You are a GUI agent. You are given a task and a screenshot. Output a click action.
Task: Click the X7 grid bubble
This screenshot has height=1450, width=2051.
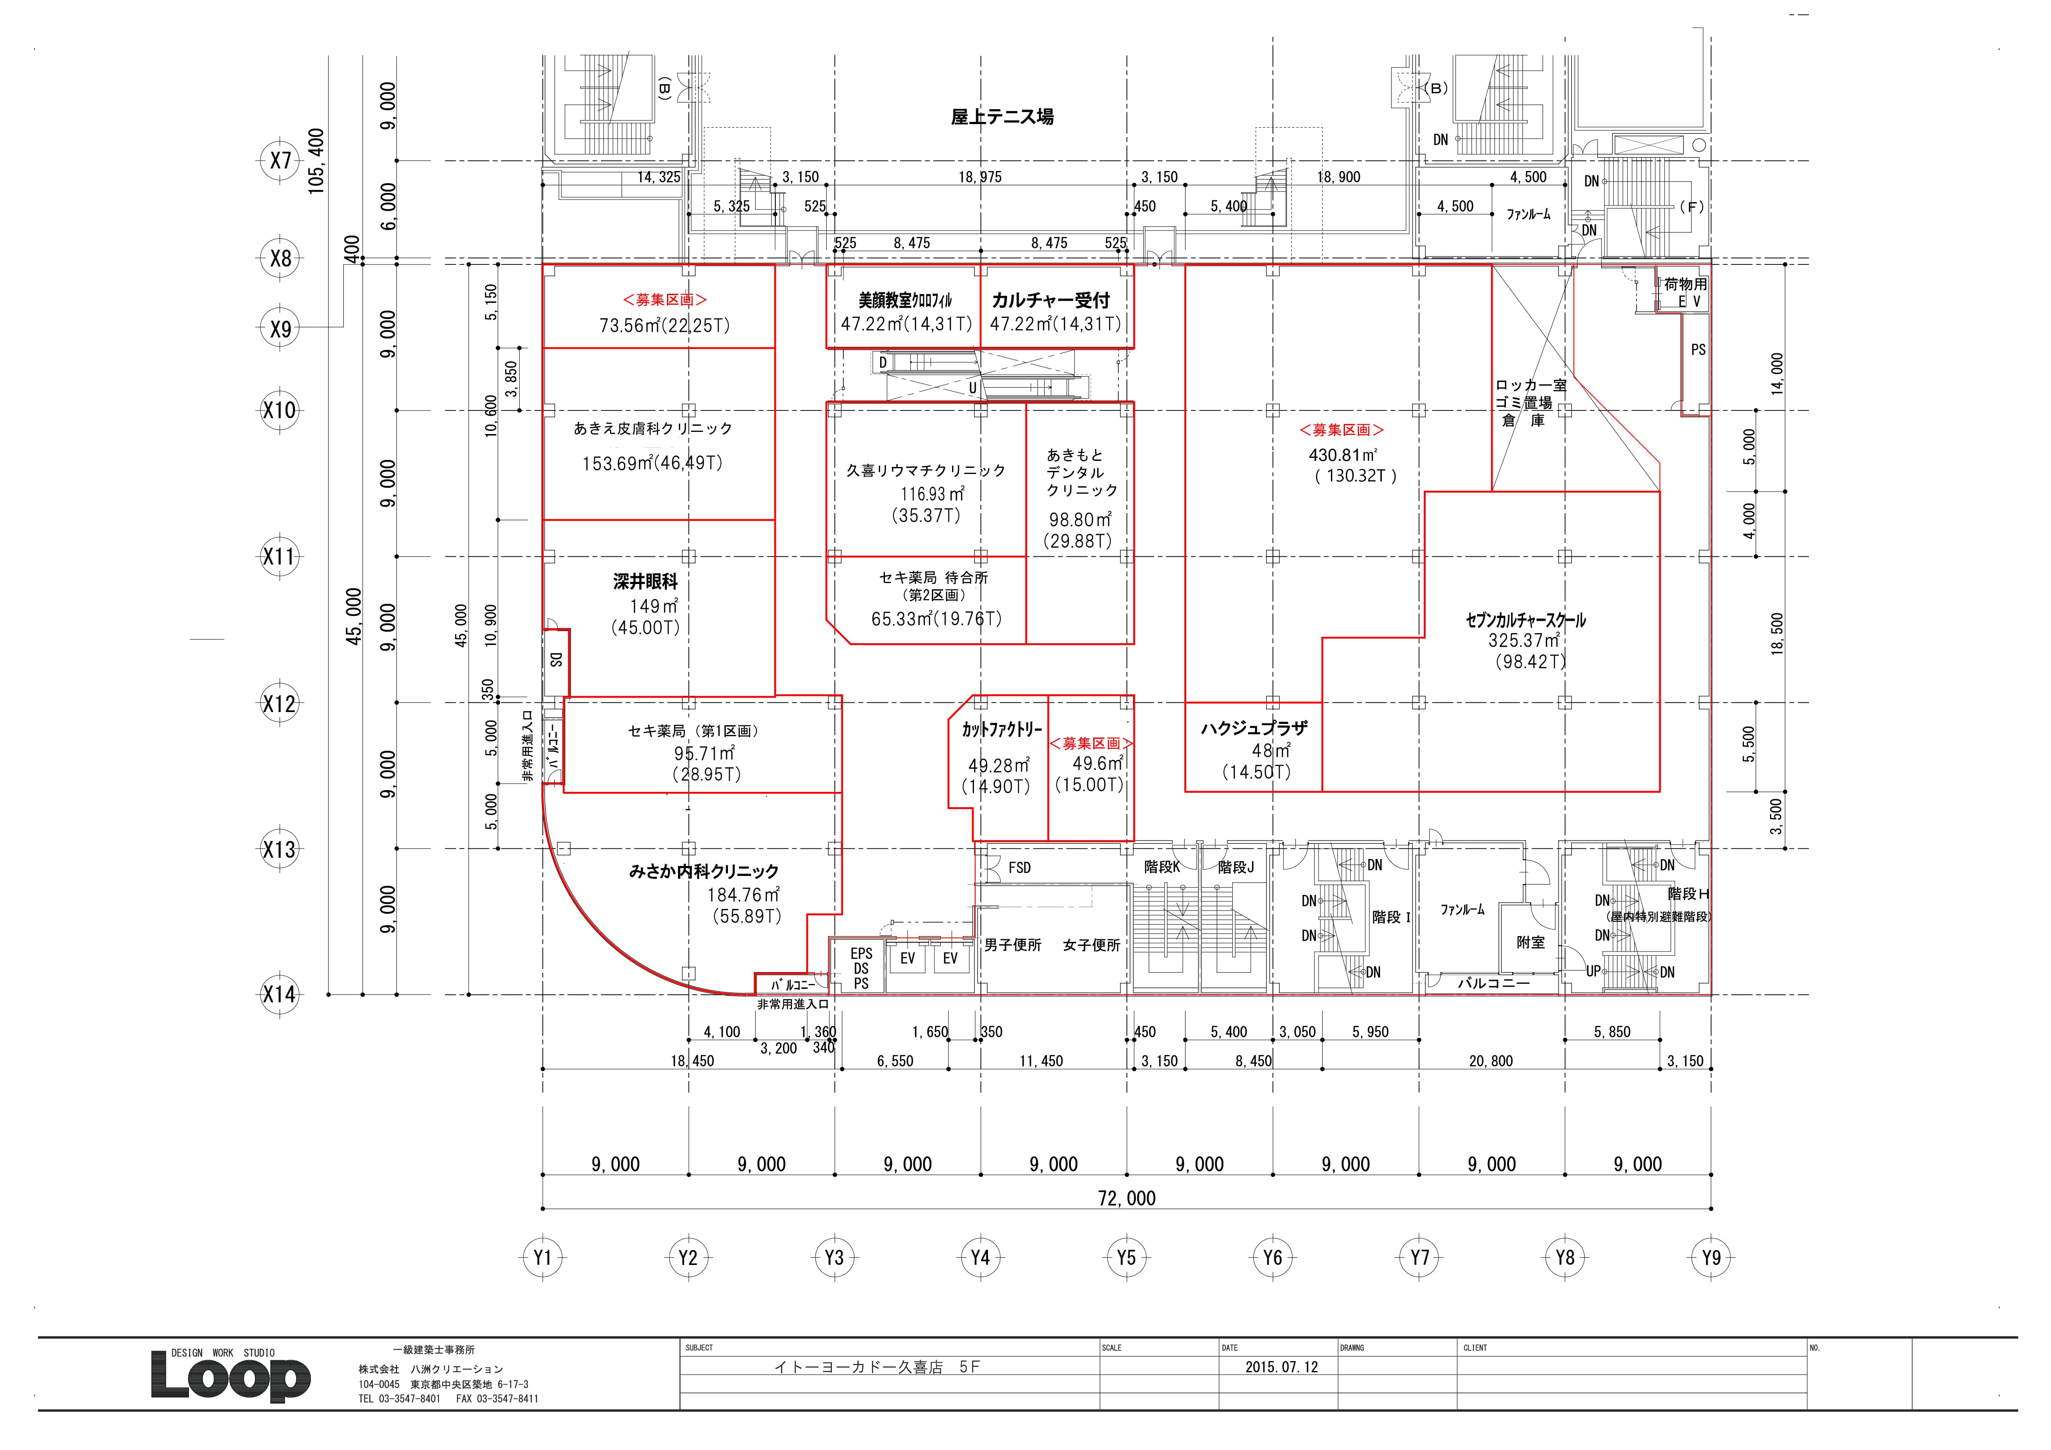[x=281, y=161]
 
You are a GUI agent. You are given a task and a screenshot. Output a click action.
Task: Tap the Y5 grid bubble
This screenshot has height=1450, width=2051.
[x=1127, y=1258]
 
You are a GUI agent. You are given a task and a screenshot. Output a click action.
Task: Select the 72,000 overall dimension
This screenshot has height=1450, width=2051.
[x=1127, y=1198]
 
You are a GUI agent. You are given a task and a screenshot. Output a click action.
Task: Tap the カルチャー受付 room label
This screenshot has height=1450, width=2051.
[x=1051, y=300]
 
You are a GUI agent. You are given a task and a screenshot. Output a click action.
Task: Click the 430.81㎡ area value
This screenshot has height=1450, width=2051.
[x=1343, y=455]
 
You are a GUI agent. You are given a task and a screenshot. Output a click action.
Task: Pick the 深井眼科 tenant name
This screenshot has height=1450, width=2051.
[x=645, y=581]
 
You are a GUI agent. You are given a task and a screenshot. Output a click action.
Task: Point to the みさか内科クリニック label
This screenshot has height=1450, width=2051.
[x=704, y=871]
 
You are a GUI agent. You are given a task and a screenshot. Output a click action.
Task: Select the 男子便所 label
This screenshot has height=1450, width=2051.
[x=1013, y=945]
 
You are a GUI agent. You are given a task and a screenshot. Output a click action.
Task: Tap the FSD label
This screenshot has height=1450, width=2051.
[x=1019, y=867]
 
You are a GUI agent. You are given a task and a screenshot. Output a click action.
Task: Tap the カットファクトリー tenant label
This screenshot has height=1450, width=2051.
[x=1002, y=730]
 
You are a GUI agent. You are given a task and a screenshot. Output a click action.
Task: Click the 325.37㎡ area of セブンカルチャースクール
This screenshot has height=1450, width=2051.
[x=1524, y=641]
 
